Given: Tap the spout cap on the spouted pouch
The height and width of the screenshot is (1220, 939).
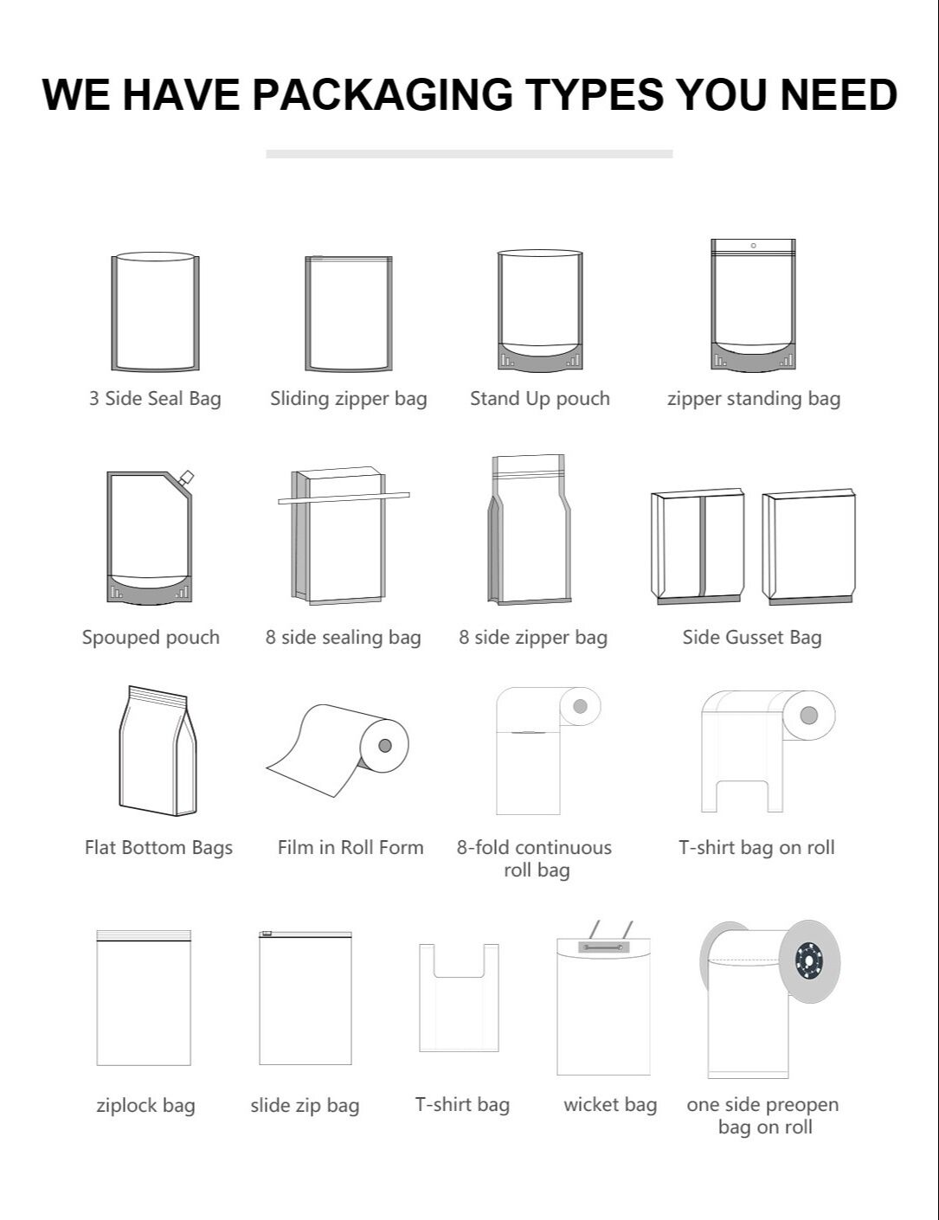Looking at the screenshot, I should tap(186, 475).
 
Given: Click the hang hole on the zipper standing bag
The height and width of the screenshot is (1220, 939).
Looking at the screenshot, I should tap(753, 246).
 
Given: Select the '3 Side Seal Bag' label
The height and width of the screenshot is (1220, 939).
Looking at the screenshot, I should tap(155, 399).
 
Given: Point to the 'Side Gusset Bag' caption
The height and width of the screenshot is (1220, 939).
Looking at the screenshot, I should tap(751, 638).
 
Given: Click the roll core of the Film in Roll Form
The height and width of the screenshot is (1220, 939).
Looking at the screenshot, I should tap(385, 745).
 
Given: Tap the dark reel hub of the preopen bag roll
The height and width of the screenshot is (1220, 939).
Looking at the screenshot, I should tap(809, 961).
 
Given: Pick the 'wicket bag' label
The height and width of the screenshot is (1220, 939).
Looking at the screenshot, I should tap(610, 1105).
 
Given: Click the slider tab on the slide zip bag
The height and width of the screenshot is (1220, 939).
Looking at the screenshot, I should tap(267, 933).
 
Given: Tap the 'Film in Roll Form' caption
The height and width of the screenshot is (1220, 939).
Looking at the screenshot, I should tap(351, 848).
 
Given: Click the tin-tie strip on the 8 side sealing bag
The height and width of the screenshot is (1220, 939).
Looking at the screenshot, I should tap(344, 498).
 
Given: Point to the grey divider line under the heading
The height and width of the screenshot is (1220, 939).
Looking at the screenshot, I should tap(469, 154).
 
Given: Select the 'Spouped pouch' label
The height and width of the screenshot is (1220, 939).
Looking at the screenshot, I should tap(151, 638).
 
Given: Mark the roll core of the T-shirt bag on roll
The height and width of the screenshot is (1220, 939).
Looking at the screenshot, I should tap(809, 716).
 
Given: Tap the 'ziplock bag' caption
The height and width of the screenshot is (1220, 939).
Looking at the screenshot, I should tap(145, 1106).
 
